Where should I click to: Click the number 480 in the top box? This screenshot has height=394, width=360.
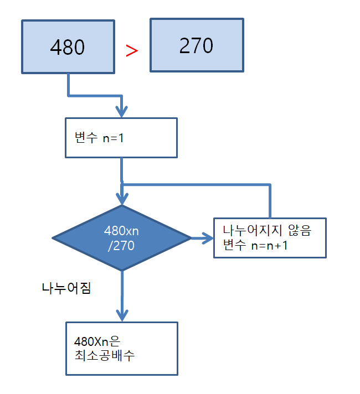[x=67, y=48]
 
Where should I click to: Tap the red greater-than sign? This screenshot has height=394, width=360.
[x=131, y=50]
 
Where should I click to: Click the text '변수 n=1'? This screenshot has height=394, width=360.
[x=99, y=138]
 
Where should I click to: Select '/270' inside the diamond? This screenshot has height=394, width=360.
[x=121, y=246]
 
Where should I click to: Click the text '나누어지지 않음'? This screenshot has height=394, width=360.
[x=266, y=231]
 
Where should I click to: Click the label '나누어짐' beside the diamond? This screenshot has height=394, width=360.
[x=66, y=288]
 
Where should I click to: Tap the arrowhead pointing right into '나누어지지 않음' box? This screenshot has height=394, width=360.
[x=208, y=239]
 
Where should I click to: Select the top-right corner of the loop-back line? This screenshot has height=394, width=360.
[x=270, y=184]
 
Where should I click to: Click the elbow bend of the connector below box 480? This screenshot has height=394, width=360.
[x=69, y=95]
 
